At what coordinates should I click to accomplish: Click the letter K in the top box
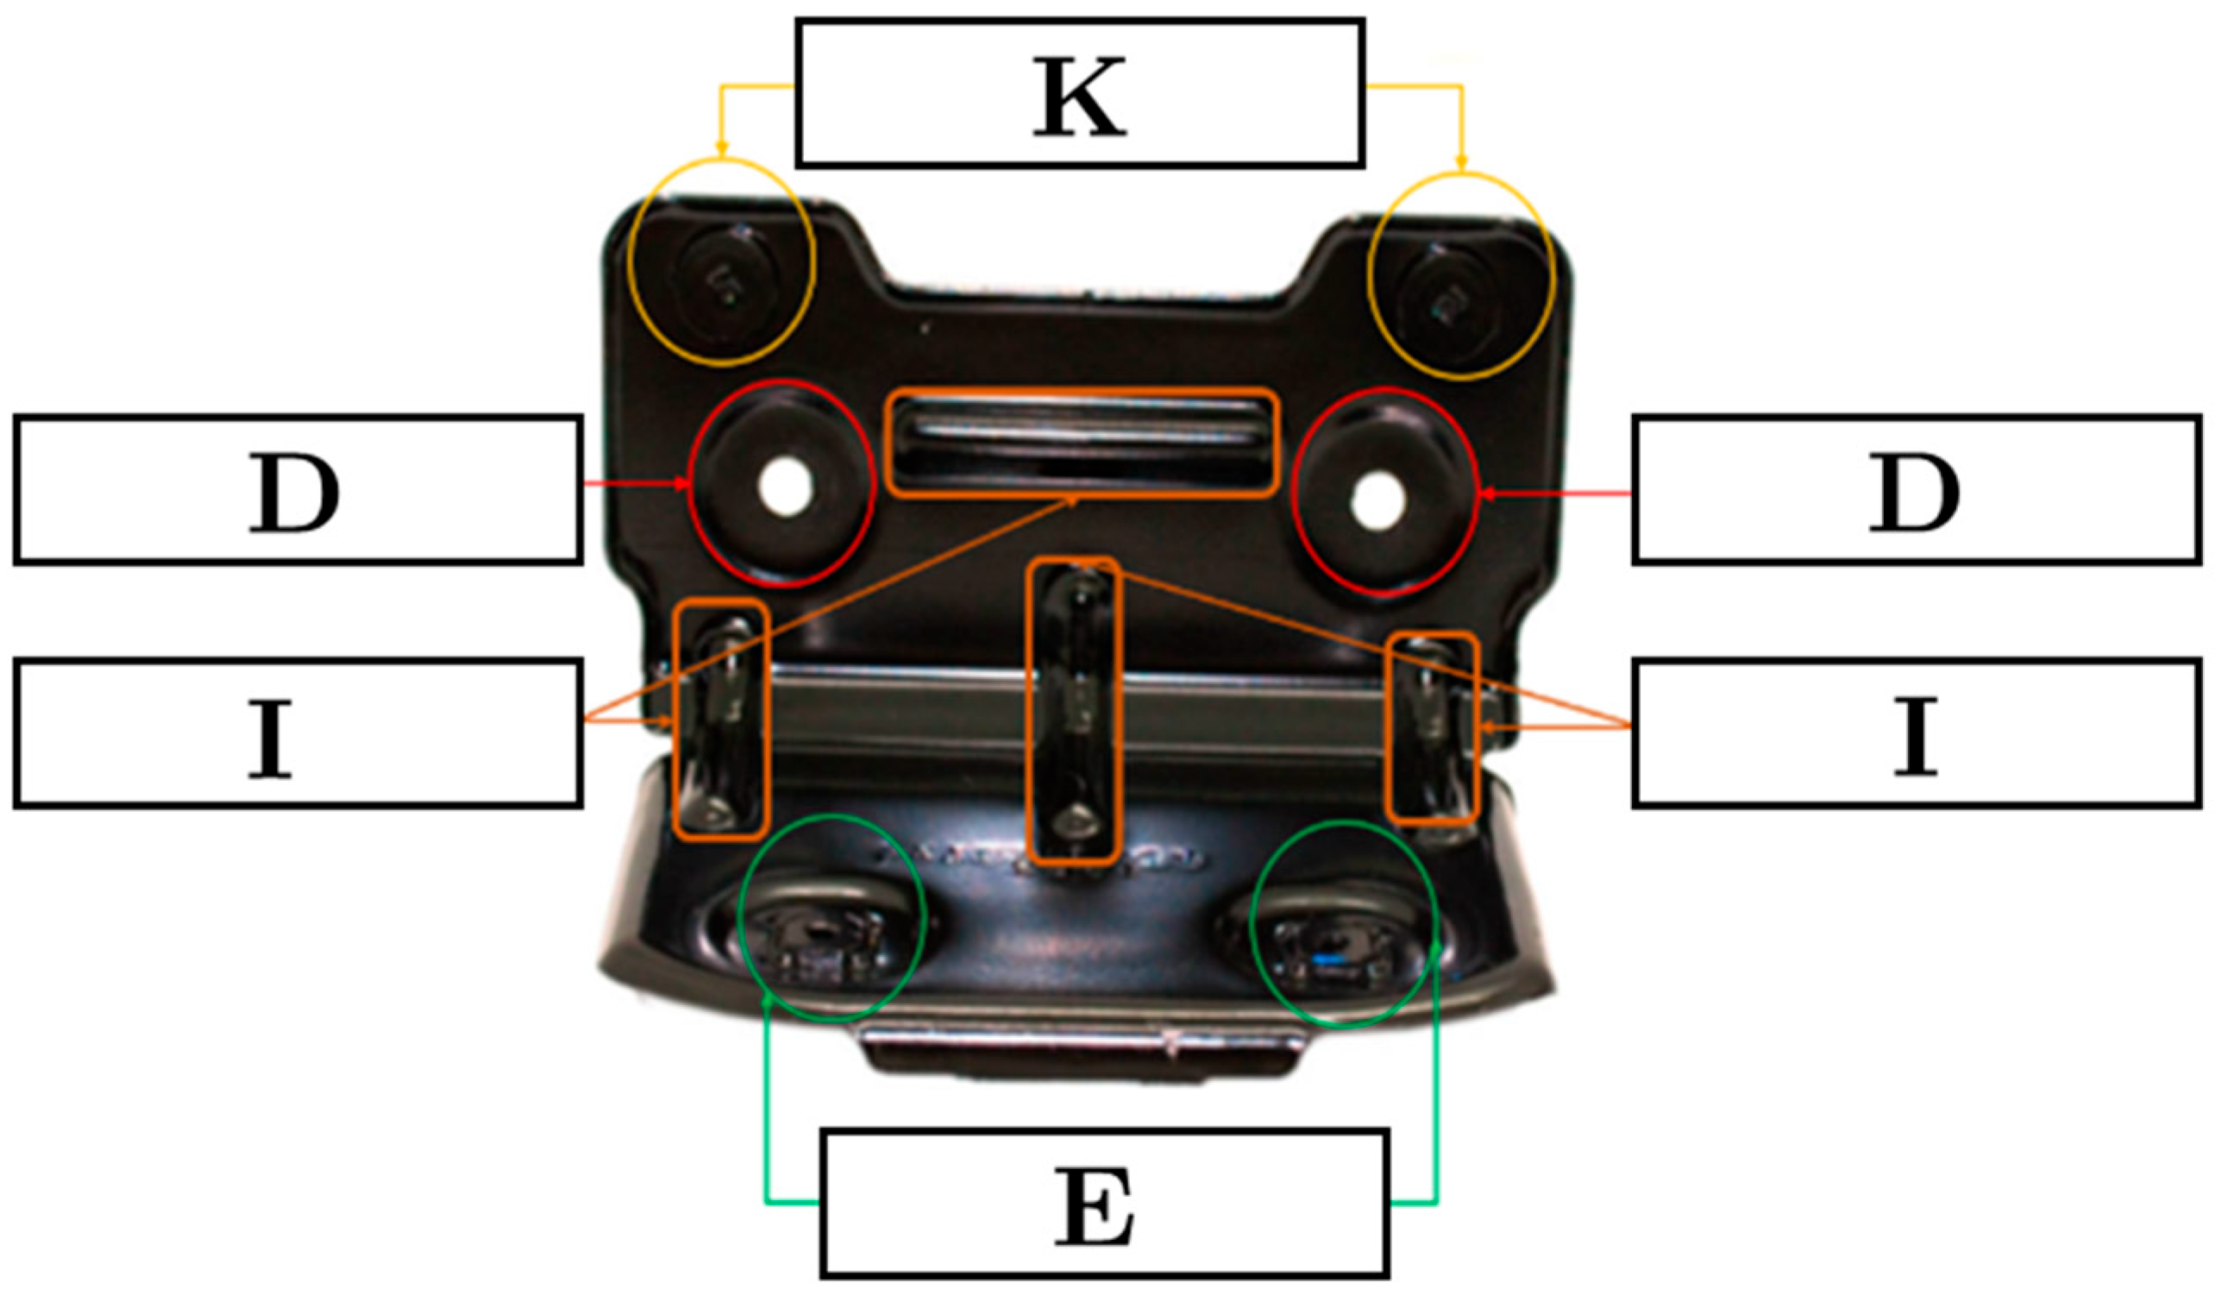pyautogui.click(x=1079, y=97)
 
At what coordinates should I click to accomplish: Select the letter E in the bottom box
pyautogui.click(x=1095, y=1207)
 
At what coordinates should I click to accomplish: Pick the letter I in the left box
pyautogui.click(x=270, y=737)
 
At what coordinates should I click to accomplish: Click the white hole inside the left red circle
pyautogui.click(x=785, y=489)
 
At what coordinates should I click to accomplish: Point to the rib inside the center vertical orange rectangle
pyautogui.click(x=1075, y=712)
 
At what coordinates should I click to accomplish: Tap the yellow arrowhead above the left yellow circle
pyautogui.click(x=721, y=151)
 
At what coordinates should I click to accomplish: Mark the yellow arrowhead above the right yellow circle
pyautogui.click(x=1462, y=164)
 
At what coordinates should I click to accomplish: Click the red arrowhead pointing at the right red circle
pyautogui.click(x=1486, y=494)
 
